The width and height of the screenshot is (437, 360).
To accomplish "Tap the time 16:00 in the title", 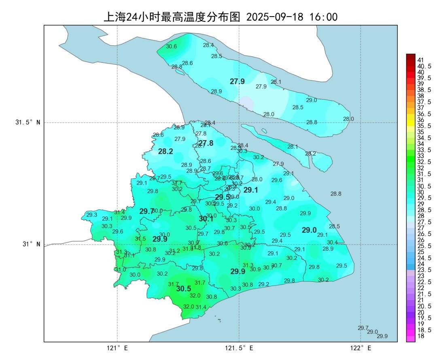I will (x=323, y=17).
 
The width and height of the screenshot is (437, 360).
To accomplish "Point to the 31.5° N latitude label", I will (x=28, y=122).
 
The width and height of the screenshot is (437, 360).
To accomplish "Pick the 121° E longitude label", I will (x=117, y=348).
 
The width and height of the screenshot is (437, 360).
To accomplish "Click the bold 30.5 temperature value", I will (x=183, y=289).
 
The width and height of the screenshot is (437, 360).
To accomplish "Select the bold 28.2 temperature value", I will (x=165, y=151).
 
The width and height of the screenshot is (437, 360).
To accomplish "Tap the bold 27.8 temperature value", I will (x=206, y=143).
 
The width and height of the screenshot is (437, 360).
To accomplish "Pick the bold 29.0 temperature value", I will (x=309, y=230).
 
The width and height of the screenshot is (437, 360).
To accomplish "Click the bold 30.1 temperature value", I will (x=206, y=219).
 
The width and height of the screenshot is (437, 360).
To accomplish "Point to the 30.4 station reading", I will (x=332, y=242).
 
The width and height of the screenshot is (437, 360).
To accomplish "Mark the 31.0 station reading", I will (x=120, y=269).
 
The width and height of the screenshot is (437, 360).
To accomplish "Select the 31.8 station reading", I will (x=196, y=247).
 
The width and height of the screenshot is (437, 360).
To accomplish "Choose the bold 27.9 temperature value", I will (x=237, y=81).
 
